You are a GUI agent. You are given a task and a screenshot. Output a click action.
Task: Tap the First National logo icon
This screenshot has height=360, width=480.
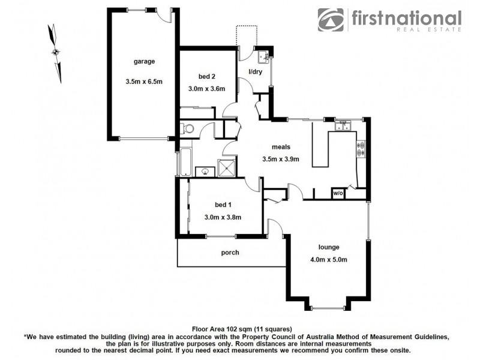coord(331,20)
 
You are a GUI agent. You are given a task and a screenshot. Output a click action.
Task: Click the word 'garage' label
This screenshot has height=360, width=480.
coord(144,61)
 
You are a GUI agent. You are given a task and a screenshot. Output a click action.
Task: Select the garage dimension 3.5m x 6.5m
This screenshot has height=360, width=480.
coord(144,82)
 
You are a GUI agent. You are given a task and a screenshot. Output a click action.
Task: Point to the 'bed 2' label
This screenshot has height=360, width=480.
coord(207,76)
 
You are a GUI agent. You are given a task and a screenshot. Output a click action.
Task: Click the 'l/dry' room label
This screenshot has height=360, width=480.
coord(256,72)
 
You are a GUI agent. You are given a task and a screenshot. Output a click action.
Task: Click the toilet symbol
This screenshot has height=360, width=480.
coord(188,128)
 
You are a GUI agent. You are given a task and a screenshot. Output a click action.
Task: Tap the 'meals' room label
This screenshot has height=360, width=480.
coord(281,146)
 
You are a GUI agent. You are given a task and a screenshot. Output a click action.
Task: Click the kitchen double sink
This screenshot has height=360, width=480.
coord(344,126)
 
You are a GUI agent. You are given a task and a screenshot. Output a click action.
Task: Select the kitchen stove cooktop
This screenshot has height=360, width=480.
coord(361,148)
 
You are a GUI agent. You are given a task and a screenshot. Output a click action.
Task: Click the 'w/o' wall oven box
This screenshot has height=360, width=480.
coord(338,193)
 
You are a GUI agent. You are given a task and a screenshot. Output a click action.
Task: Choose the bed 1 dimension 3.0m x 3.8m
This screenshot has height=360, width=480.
coord(223,217)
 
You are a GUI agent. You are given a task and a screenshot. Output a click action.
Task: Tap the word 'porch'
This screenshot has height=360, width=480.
coord(230,253)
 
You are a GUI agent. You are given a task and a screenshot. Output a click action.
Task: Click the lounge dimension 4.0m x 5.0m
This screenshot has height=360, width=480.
coord(329,259)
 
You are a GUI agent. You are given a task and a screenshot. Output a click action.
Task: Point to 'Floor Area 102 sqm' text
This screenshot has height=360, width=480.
coord(225,329)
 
